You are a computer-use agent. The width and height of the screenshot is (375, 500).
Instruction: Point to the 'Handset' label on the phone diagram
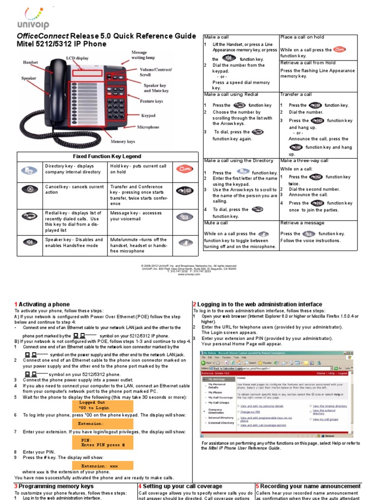32,62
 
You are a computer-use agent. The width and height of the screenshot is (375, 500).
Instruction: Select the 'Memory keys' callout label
122,142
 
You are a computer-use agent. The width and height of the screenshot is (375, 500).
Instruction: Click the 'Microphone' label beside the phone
148,127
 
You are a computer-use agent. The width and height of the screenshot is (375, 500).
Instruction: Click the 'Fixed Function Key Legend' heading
107,156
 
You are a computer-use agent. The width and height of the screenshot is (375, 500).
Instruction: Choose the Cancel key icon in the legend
30,189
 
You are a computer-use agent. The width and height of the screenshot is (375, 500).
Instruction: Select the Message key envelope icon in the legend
185,216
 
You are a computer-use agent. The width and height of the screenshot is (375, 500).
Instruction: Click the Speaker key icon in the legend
30,242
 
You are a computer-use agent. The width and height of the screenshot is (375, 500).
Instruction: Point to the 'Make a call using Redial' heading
231,94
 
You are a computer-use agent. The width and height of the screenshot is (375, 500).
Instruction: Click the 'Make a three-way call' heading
304,161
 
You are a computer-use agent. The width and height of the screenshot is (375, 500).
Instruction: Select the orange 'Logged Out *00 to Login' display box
102,405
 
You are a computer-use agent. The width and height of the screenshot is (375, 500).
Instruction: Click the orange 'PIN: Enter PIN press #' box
102,443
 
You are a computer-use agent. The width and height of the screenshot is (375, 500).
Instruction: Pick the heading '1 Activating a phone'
42,304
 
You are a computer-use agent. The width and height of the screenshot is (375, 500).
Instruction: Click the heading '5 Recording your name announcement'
315,486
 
